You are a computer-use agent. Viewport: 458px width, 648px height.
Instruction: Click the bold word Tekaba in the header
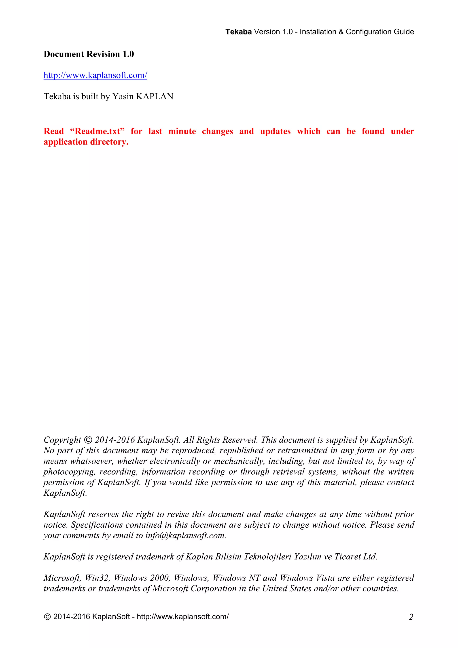click(238, 32)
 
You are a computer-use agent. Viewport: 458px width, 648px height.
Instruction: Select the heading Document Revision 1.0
click(89, 54)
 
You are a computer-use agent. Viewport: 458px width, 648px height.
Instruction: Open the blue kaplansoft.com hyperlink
click(95, 75)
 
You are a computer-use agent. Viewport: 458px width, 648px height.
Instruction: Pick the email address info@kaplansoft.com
click(185, 536)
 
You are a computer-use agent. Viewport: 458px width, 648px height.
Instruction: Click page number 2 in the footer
click(411, 617)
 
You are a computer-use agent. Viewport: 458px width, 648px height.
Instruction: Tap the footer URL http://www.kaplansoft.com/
click(183, 617)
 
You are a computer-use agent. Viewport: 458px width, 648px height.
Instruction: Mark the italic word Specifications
click(97, 525)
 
